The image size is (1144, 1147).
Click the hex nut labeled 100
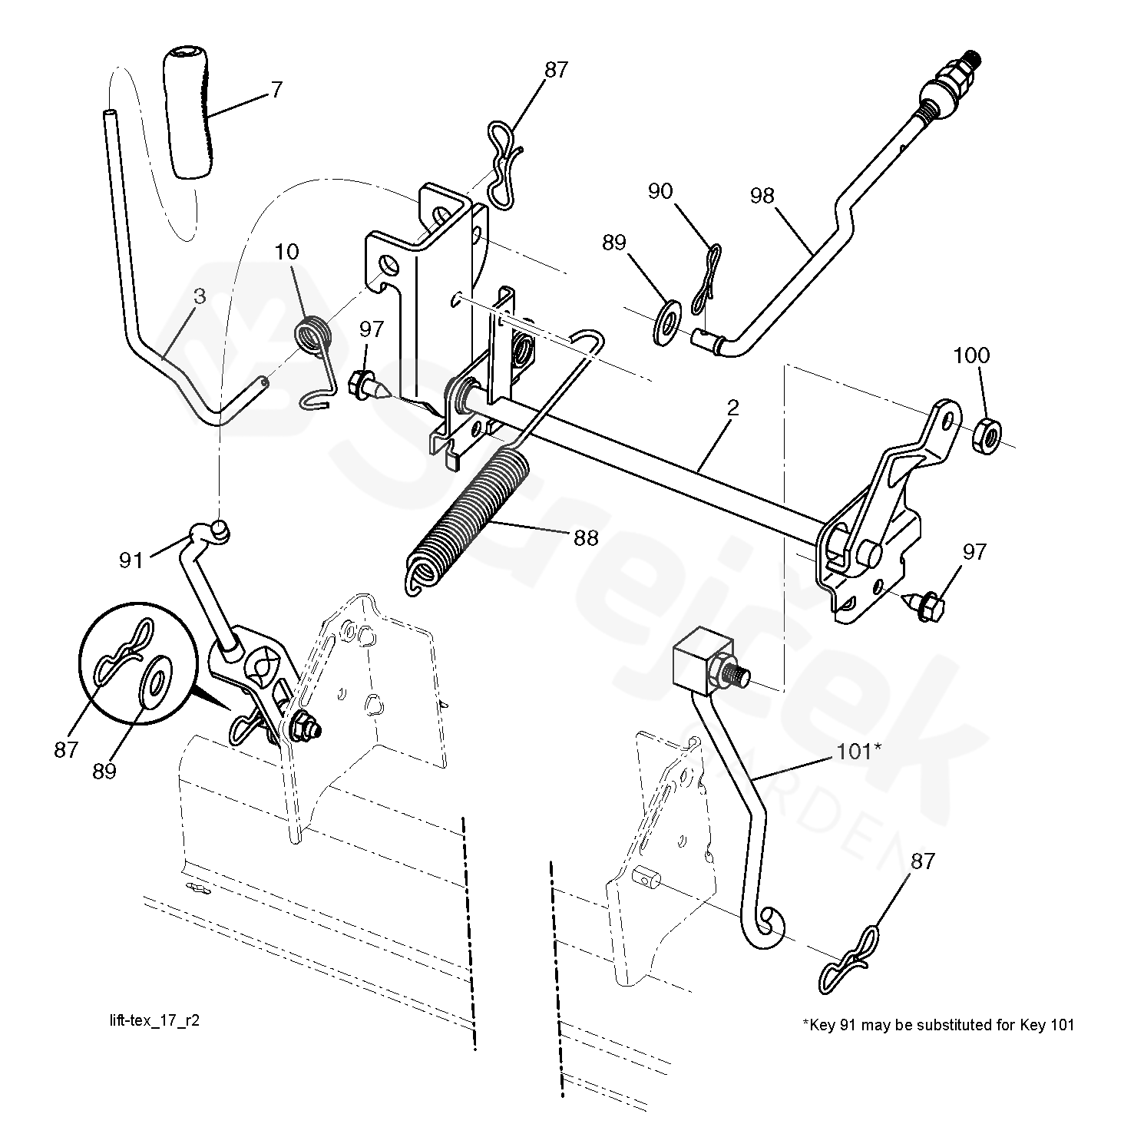coord(986,437)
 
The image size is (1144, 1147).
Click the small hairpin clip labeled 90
coord(706,281)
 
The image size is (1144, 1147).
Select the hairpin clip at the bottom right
coord(850,959)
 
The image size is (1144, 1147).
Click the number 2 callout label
coord(732,408)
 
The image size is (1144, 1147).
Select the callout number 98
coord(762,196)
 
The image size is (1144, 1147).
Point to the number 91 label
coord(131,560)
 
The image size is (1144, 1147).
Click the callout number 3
coord(200,296)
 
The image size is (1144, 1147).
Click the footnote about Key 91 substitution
coord(938,1024)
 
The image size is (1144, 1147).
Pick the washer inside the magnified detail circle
coord(158,679)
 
